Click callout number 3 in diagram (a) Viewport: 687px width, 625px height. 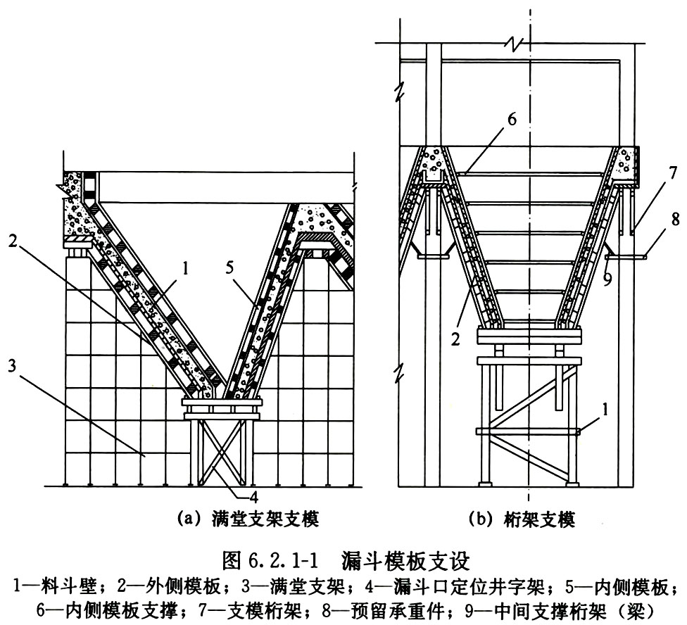coord(12,366)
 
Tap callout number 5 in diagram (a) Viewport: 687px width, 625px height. coord(230,267)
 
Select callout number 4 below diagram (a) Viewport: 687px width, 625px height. coord(253,497)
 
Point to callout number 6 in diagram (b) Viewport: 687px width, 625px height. coord(512,120)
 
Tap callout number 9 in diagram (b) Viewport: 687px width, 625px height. coord(607,279)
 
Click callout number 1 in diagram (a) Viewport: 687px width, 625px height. coord(185,268)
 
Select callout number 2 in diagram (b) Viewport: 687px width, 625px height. coord(455,339)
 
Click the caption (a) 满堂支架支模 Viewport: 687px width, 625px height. coord(248,519)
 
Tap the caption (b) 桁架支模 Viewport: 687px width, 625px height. coord(522,520)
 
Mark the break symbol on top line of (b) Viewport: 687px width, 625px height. coord(512,42)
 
